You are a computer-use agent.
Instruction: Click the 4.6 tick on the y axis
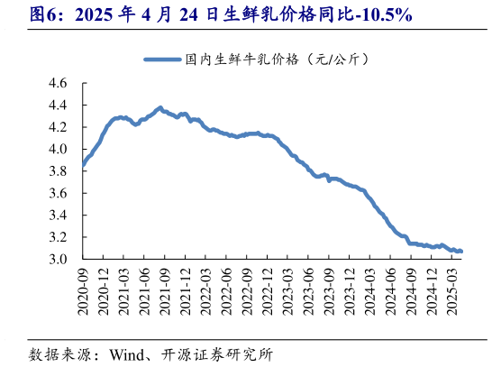click(x=57, y=83)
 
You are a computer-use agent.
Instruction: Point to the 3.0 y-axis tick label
click(x=57, y=260)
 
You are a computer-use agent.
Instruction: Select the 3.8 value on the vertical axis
click(x=57, y=171)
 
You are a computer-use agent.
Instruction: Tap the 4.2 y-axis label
click(x=57, y=127)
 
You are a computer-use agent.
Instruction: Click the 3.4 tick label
click(x=57, y=216)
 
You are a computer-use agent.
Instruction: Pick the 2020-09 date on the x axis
click(x=83, y=289)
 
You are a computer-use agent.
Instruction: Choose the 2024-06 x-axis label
click(x=394, y=289)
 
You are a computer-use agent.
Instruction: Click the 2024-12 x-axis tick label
click(x=434, y=289)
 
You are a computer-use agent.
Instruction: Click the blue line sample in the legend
click(x=161, y=60)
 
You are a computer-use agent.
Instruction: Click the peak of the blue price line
click(x=159, y=108)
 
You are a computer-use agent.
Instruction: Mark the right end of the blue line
click(x=461, y=251)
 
